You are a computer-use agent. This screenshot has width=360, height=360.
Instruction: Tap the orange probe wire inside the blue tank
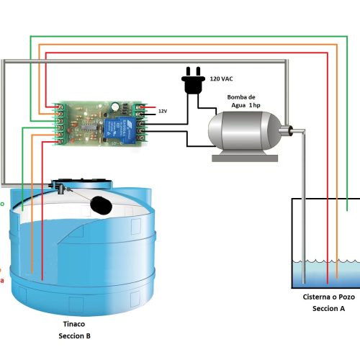(x=33, y=245)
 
